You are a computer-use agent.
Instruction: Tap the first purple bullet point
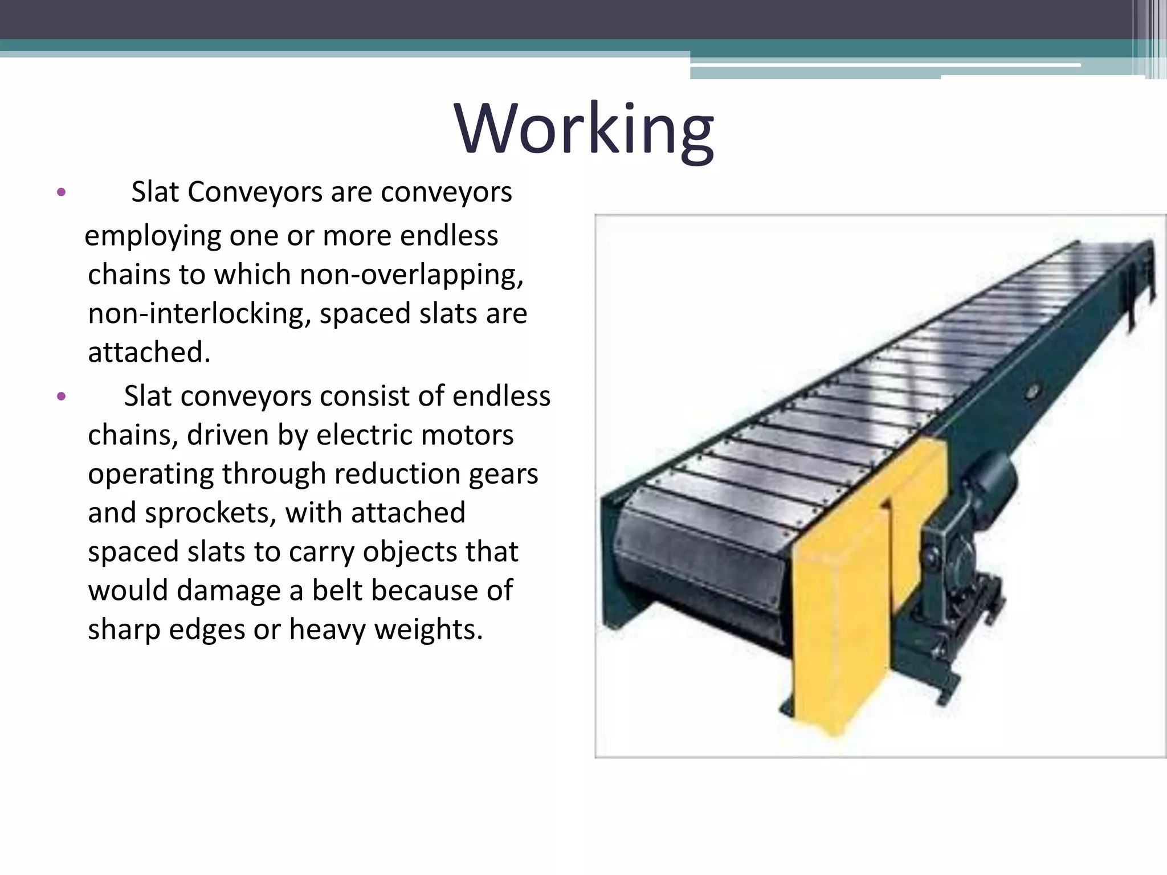62,192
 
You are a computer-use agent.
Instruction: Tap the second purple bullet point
62,396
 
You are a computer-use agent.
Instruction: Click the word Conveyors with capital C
255,193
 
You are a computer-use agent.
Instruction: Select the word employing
153,236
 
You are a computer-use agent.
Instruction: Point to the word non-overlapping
411,275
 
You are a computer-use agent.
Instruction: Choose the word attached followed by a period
149,353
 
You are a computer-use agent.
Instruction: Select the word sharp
124,630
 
